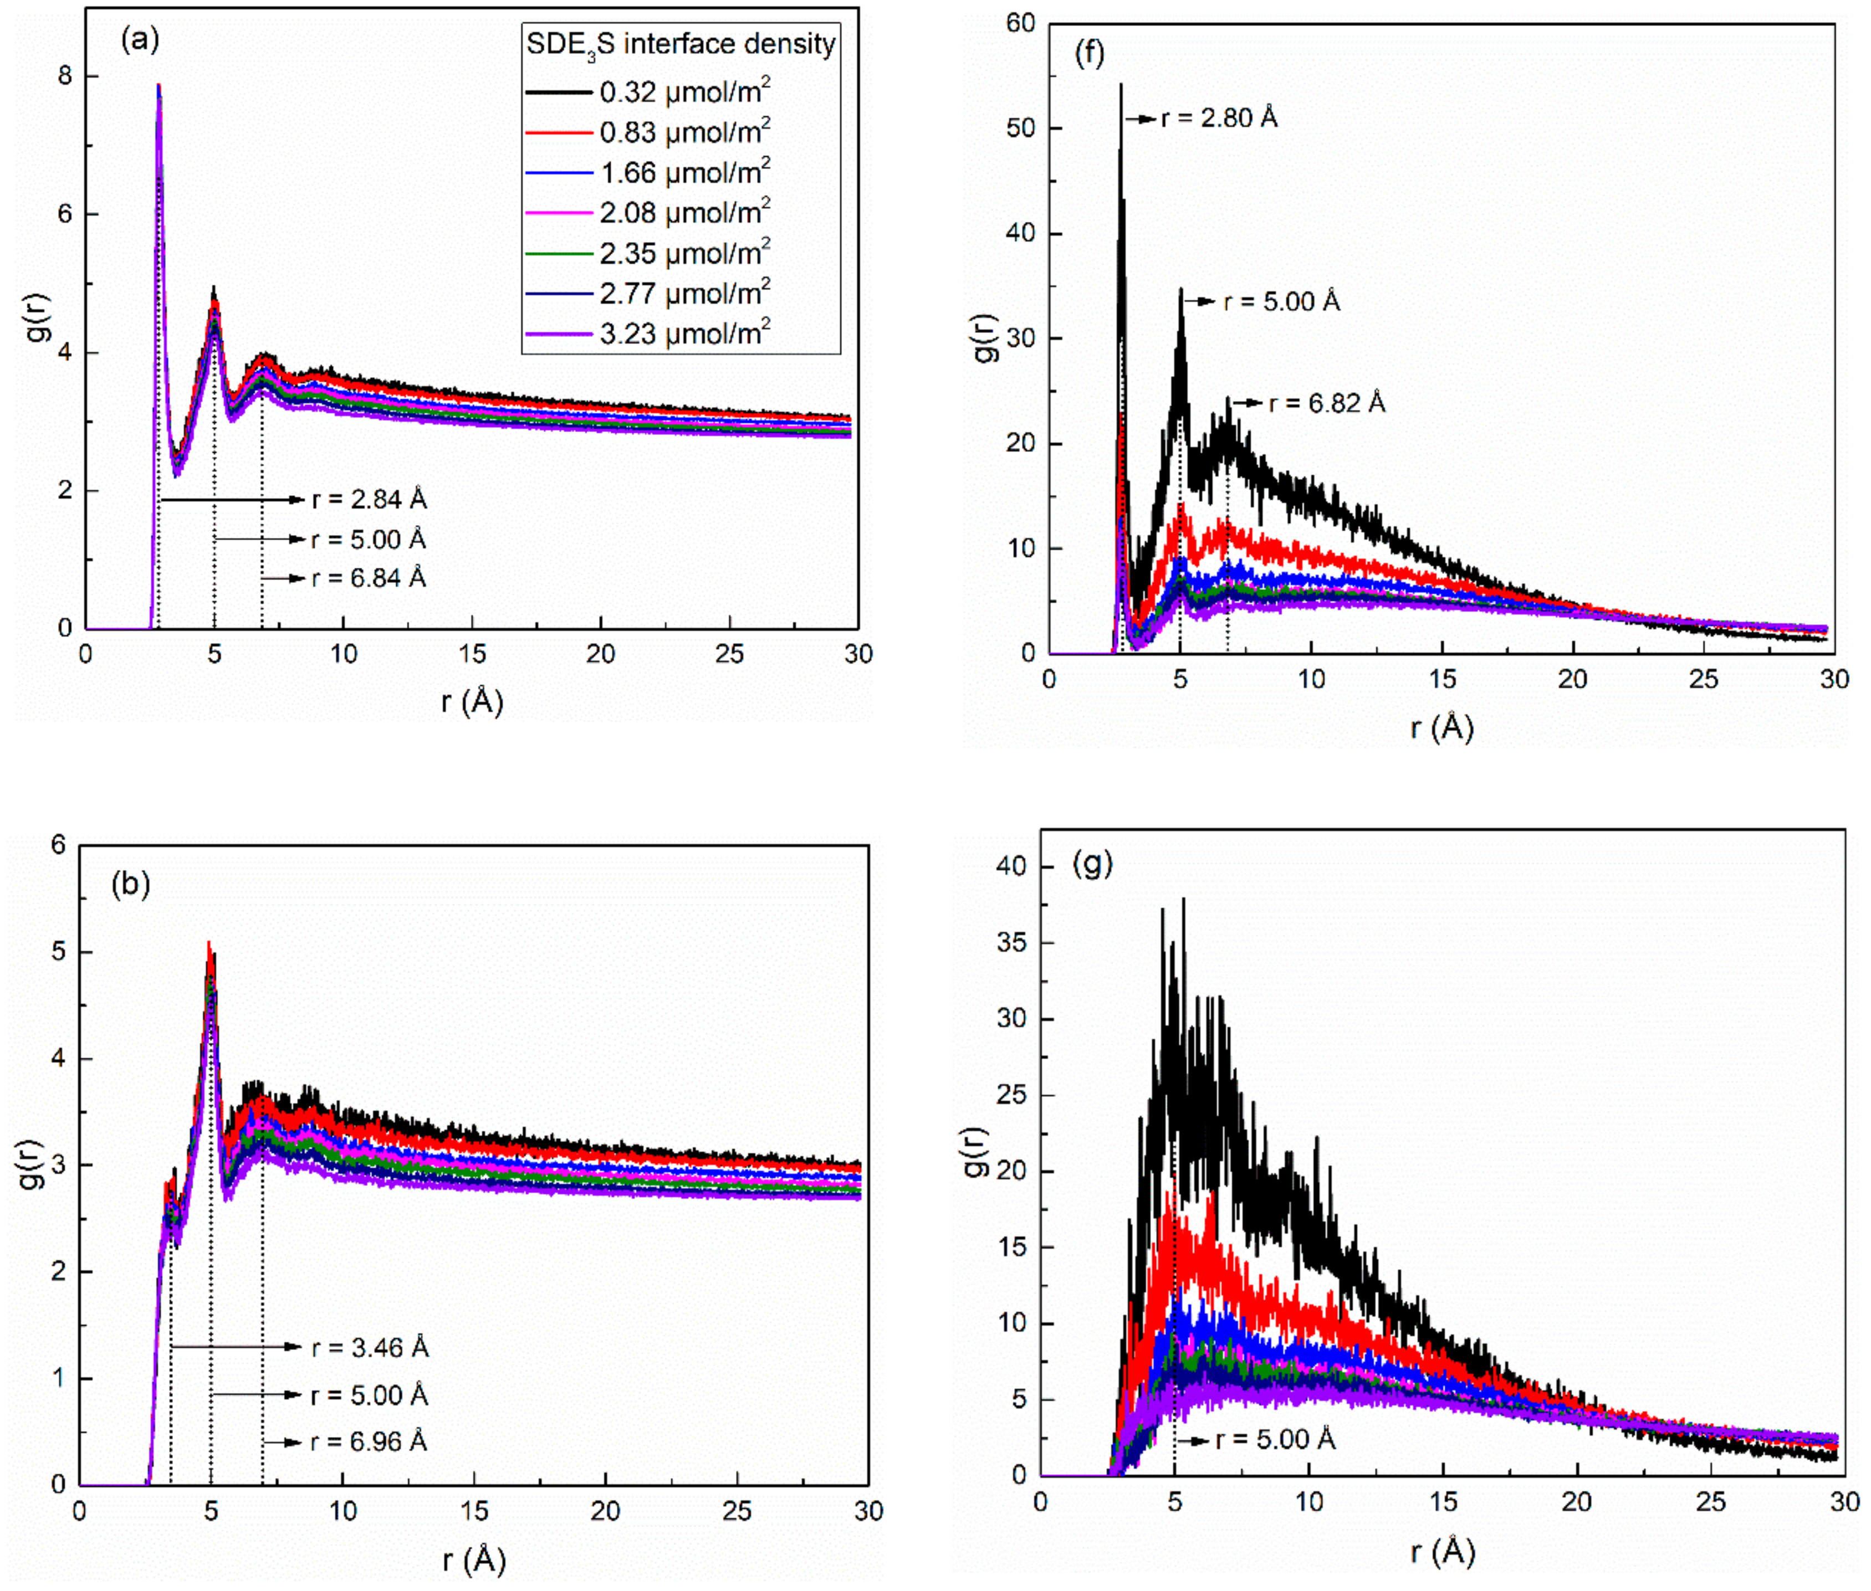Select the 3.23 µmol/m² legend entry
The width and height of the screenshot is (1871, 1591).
click(x=684, y=333)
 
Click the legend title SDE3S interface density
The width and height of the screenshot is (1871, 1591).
click(x=681, y=45)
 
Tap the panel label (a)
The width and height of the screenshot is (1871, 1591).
click(x=140, y=40)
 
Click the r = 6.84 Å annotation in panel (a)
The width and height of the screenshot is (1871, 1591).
click(x=368, y=577)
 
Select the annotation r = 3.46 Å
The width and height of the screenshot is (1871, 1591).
click(x=369, y=1347)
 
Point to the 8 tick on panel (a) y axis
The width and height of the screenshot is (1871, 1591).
click(x=65, y=76)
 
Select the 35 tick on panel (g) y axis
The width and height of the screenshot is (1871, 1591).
click(x=1011, y=942)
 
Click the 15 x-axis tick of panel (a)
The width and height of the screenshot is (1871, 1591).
click(x=472, y=653)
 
